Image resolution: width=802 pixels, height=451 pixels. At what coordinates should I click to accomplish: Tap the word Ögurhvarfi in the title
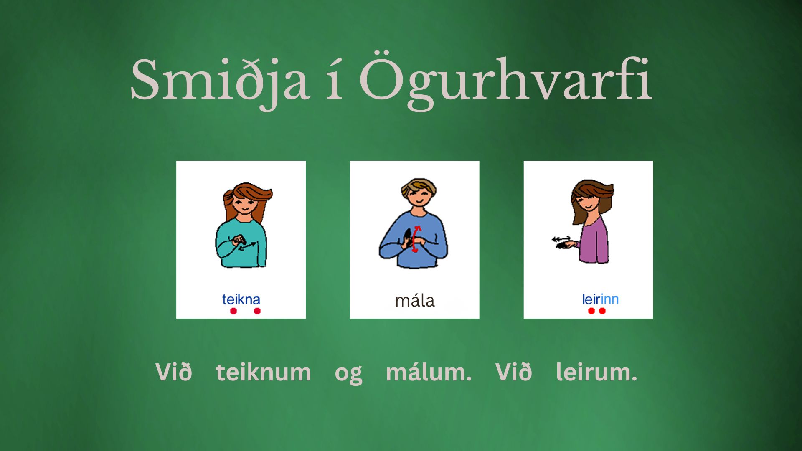505,80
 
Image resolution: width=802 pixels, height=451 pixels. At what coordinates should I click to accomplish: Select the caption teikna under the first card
241,299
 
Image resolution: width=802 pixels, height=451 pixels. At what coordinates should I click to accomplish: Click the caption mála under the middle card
415,300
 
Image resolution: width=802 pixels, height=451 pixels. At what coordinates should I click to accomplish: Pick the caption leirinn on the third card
600,299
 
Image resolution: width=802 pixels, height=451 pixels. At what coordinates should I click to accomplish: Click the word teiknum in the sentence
263,372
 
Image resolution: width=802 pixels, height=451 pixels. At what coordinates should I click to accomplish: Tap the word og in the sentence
348,374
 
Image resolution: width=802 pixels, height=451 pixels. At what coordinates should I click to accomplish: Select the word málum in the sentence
429,372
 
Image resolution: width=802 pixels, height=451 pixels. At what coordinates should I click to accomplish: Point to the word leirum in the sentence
596,372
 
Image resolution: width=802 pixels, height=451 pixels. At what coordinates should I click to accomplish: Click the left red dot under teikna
233,311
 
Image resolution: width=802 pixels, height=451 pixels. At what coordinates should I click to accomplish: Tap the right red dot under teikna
257,311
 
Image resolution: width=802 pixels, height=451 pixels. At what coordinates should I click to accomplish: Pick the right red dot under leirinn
602,311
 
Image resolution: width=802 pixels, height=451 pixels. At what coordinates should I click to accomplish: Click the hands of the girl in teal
239,241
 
